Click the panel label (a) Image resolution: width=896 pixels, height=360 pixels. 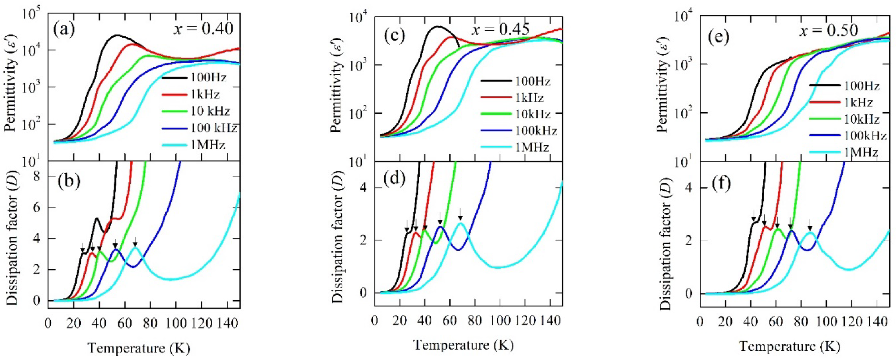pyautogui.click(x=64, y=30)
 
